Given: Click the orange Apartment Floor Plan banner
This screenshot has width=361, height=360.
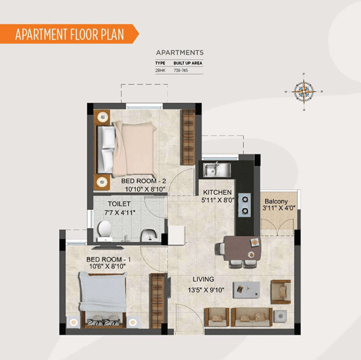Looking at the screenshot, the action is click(x=69, y=34).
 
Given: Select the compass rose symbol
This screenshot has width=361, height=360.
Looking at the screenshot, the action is click(x=304, y=91).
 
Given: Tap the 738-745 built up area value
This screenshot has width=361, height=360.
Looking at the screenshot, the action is click(x=180, y=70).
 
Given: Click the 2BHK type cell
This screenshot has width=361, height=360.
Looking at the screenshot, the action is click(x=160, y=70).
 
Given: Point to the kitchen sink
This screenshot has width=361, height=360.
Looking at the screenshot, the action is click(x=217, y=170).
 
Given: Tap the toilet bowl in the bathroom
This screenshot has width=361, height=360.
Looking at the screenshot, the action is click(x=105, y=231).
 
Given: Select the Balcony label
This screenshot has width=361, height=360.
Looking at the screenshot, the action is click(x=276, y=202).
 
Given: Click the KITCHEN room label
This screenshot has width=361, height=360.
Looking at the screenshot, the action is click(x=217, y=192).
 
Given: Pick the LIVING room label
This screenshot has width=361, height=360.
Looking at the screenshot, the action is click(x=203, y=279).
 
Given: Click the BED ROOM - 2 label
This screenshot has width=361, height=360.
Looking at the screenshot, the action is click(x=144, y=181).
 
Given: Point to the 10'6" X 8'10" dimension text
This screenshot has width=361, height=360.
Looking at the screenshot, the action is click(x=107, y=266).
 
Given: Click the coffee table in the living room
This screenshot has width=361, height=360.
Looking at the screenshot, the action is click(x=246, y=290).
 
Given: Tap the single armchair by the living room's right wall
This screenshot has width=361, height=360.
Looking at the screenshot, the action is click(x=280, y=292).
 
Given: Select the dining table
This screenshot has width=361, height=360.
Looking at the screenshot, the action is click(x=243, y=248).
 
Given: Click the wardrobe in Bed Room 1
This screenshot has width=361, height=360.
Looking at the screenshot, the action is click(x=157, y=300).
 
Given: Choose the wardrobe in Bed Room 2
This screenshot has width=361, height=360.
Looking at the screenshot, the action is click(x=188, y=137).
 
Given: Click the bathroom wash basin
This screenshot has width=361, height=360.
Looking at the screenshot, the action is click(x=149, y=235).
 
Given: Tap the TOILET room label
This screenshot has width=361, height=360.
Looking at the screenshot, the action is click(x=119, y=204).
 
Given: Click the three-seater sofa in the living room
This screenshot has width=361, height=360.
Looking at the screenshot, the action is click(x=251, y=317).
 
